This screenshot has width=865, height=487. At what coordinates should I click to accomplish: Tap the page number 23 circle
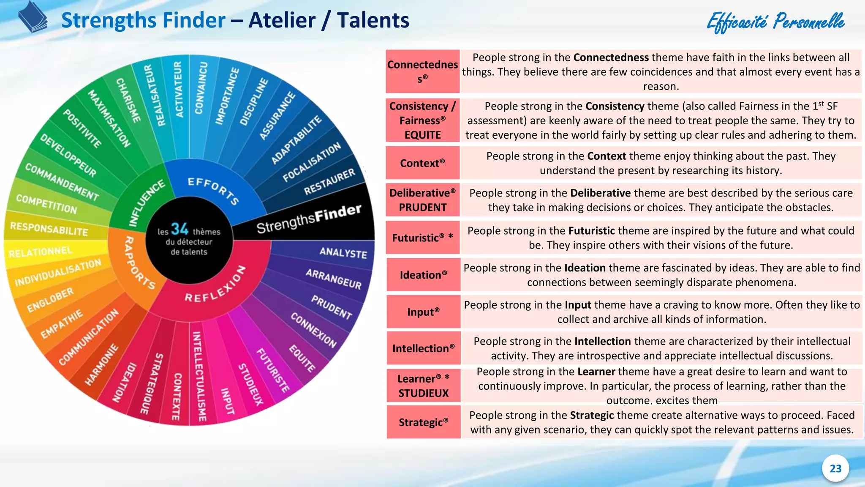click(835, 468)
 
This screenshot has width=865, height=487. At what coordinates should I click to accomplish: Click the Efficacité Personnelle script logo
click(775, 22)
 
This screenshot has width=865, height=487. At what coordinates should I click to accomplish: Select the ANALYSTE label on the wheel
click(343, 252)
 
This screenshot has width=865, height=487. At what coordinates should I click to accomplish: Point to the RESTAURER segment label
click(329, 182)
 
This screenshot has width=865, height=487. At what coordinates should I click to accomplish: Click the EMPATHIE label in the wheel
click(62, 324)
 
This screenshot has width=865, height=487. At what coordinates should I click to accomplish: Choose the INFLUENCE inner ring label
click(147, 203)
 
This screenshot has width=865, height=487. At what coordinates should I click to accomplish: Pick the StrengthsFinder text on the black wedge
click(309, 219)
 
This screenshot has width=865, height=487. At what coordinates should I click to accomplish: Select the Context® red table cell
click(422, 163)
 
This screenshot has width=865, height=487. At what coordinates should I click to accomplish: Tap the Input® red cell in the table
click(423, 312)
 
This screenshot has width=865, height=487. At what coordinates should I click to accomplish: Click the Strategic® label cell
click(423, 422)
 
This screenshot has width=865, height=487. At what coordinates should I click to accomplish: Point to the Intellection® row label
click(423, 348)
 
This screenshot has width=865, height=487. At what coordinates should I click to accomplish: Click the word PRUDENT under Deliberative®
click(422, 208)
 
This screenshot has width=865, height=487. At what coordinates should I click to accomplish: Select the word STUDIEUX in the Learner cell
click(423, 393)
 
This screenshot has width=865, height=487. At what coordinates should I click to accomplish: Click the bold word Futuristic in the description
click(591, 231)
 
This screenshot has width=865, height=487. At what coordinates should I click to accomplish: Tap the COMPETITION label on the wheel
click(46, 204)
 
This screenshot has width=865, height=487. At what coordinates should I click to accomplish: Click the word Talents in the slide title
click(373, 20)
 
